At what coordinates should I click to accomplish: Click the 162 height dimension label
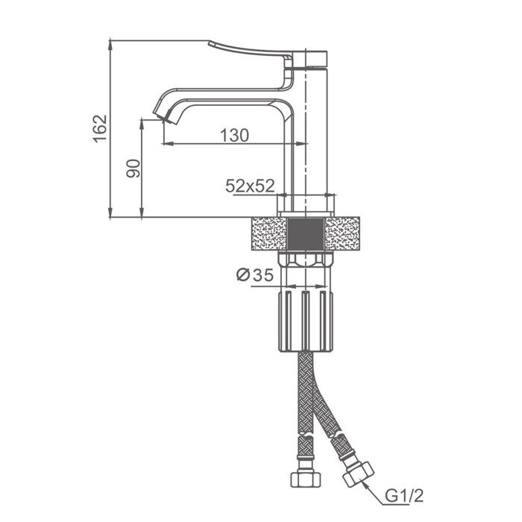(100, 129)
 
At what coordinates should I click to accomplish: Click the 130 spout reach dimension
(235, 136)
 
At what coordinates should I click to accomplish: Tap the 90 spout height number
(133, 169)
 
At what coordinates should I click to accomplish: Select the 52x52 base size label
(250, 186)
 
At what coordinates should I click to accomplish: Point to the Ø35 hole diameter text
(255, 275)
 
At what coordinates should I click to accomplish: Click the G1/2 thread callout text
(404, 496)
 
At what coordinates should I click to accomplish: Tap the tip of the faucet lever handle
(210, 43)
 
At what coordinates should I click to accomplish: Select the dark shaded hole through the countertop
(306, 233)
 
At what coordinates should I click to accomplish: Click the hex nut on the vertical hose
(306, 479)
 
